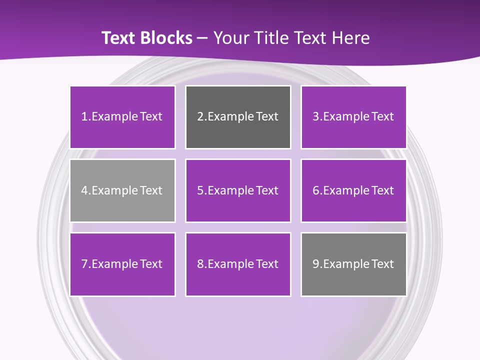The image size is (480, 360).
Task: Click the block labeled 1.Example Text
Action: click(x=122, y=117)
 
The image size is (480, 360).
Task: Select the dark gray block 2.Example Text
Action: click(x=238, y=117)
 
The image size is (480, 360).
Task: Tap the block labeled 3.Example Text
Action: click(x=353, y=117)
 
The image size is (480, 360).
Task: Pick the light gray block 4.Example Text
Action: click(x=122, y=190)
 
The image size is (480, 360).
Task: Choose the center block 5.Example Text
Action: click(x=238, y=190)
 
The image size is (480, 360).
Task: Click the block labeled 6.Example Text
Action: click(x=353, y=190)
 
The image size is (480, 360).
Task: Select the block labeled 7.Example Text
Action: click(x=122, y=264)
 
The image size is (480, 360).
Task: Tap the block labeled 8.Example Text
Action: click(x=238, y=264)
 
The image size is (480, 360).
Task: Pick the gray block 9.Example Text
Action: click(x=353, y=264)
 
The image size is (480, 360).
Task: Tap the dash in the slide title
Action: click(x=202, y=38)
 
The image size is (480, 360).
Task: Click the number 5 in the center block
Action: click(x=200, y=190)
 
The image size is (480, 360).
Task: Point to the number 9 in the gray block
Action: click(x=316, y=264)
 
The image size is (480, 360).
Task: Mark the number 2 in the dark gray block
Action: click(x=200, y=117)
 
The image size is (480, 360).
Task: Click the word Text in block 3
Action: click(x=382, y=117)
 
